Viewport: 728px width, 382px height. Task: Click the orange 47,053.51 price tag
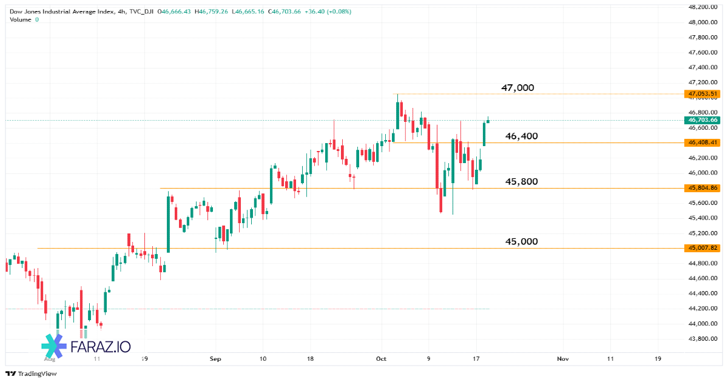tap(703, 94)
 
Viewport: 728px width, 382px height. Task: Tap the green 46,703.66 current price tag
tap(703, 120)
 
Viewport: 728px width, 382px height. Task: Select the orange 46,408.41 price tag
tap(703, 142)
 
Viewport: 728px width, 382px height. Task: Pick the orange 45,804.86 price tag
tap(703, 188)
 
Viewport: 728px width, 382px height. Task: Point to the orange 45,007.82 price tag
tap(703, 248)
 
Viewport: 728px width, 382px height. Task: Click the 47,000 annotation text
tap(517, 88)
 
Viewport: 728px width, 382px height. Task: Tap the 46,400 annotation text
tap(521, 136)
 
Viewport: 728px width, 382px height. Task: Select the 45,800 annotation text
tap(521, 181)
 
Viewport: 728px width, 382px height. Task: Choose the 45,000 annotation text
tap(521, 241)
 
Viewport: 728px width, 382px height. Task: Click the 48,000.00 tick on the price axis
tap(703, 22)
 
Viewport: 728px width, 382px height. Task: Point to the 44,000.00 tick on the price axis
tap(703, 323)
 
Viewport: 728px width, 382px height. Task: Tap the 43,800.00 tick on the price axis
tap(703, 338)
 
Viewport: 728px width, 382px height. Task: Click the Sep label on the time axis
tap(215, 359)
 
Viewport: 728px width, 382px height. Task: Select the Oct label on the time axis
tap(381, 359)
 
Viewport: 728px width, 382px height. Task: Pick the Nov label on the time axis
tap(562, 359)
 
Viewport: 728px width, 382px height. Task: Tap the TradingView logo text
tap(37, 374)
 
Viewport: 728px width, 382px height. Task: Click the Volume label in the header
tap(21, 19)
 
